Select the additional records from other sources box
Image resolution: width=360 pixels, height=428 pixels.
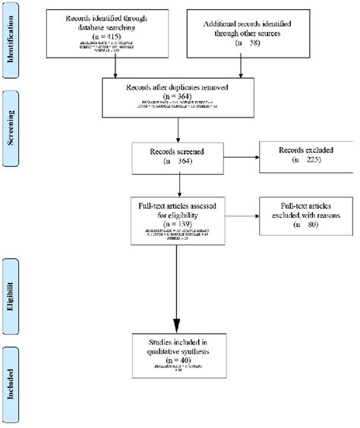coord(241,34)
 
